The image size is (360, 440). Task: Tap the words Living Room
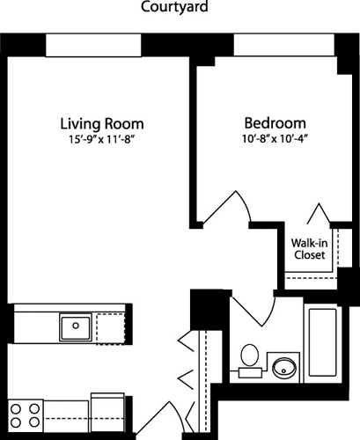click(102, 123)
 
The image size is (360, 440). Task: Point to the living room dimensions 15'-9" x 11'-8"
click(102, 139)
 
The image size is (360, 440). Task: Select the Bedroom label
click(275, 123)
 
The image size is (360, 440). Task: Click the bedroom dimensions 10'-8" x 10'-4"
click(275, 139)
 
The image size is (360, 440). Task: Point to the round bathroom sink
click(283, 367)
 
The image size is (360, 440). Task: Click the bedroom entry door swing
click(231, 209)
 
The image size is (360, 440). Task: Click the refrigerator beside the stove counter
click(111, 415)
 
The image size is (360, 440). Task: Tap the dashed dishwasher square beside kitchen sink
click(109, 328)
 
